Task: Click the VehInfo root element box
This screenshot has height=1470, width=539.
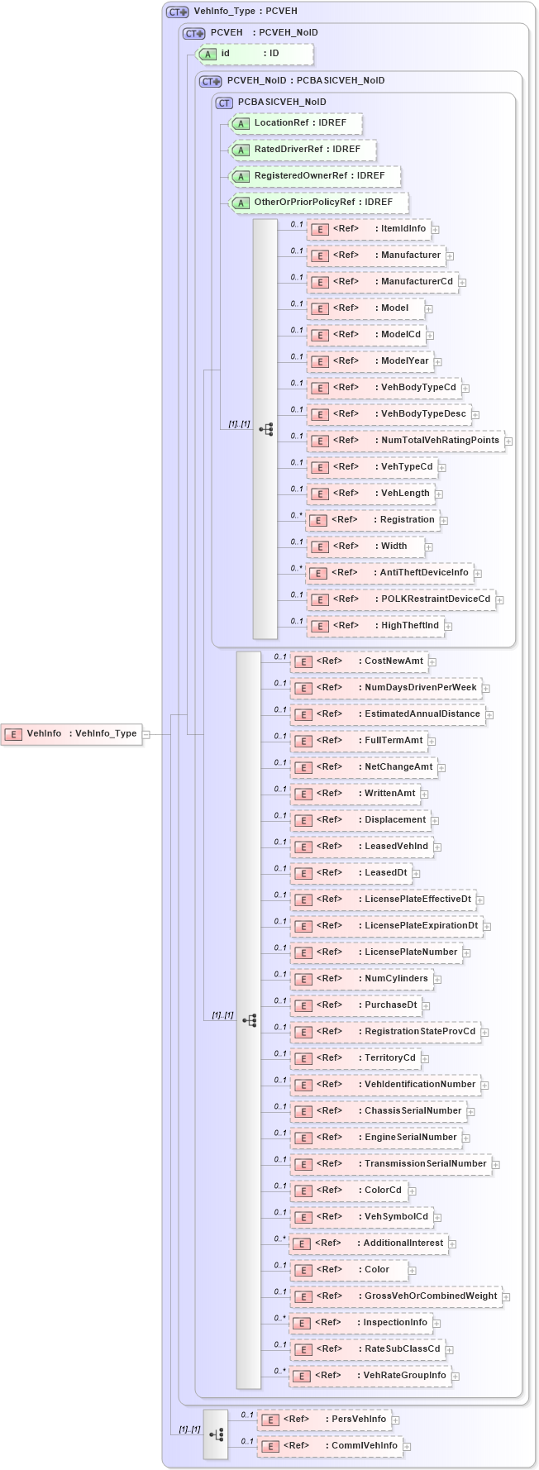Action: coord(71,733)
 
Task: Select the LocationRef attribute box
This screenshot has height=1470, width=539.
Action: coord(295,123)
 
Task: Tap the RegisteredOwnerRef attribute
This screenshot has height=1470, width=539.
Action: coord(314,176)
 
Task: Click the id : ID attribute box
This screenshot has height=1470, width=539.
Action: coord(255,54)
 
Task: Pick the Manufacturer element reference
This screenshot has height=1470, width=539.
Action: coord(376,255)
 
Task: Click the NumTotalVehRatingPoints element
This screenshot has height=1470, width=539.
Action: coord(405,441)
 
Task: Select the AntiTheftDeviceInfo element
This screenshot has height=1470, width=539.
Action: coord(389,573)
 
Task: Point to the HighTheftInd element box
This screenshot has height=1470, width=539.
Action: coord(375,626)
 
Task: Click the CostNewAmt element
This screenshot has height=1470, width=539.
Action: coord(359,661)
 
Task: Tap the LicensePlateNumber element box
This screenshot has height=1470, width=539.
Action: coord(375,952)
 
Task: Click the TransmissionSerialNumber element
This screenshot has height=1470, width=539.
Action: coord(390,1164)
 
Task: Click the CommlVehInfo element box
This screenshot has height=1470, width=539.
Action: coord(329,1446)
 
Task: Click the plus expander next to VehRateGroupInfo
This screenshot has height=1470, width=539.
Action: coord(456,1377)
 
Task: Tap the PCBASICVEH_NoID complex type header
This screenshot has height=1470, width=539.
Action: coord(281,103)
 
